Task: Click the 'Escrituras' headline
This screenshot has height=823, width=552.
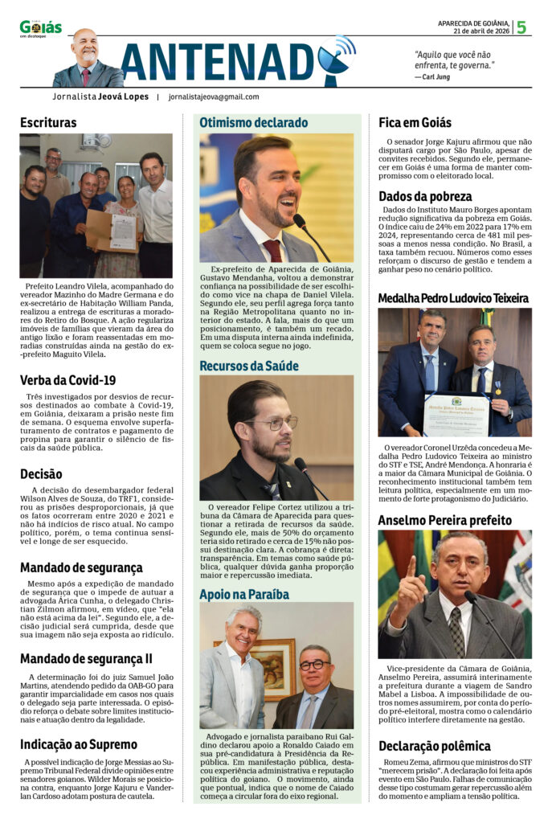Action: pyautogui.click(x=48, y=123)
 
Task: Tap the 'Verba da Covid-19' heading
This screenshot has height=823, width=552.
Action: pyautogui.click(x=67, y=380)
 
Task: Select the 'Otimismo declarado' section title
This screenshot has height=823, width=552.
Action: pyautogui.click(x=253, y=123)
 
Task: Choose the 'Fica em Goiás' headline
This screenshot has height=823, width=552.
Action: pyautogui.click(x=415, y=123)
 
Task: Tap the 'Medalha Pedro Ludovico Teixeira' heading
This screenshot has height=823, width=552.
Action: pyautogui.click(x=453, y=298)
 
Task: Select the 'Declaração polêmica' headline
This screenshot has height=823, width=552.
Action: pyautogui.click(x=434, y=746)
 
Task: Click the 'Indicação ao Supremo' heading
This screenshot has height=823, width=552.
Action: pyautogui.click(x=78, y=744)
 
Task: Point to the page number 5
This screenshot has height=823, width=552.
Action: pyautogui.click(x=521, y=27)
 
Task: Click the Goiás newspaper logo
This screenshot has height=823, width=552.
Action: pyautogui.click(x=40, y=28)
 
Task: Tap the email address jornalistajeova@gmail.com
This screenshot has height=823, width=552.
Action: pyautogui.click(x=214, y=96)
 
